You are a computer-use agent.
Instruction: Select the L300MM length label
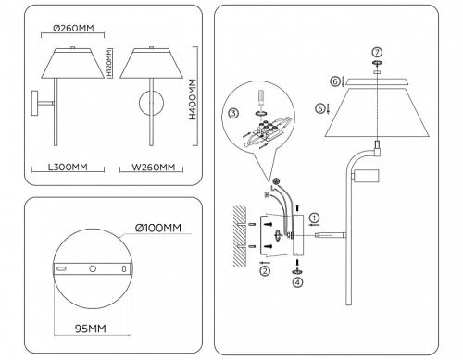tap(67, 168)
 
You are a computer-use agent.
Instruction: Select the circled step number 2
tap(265, 271)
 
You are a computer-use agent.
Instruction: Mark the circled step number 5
tap(319, 108)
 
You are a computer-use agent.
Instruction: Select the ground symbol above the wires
tap(276, 182)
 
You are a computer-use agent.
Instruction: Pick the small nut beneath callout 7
tap(377, 66)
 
